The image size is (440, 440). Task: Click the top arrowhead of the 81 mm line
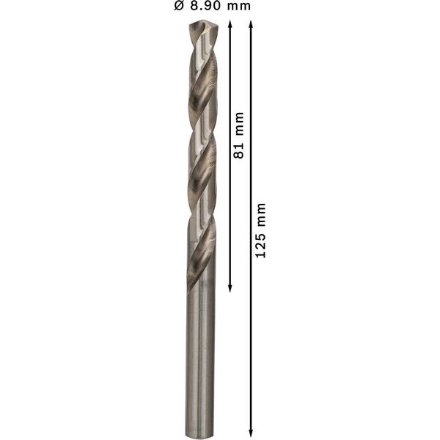[x=230, y=24]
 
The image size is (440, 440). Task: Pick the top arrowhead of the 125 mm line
[x=252, y=24]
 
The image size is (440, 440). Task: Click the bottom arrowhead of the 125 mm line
[x=252, y=432]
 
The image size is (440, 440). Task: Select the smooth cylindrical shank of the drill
[x=200, y=359]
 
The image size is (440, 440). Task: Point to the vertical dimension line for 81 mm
[x=230, y=205]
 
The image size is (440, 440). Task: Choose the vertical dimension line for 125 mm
[x=252, y=330]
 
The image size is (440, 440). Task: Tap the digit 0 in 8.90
[x=216, y=7]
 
